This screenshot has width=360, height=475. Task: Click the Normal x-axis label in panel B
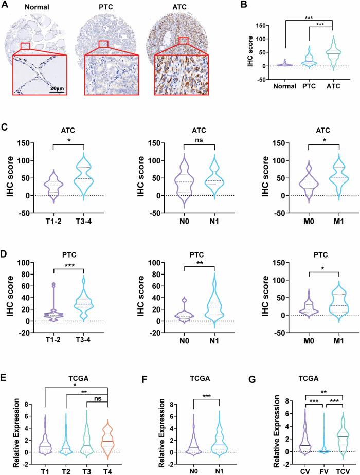point(281,86)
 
